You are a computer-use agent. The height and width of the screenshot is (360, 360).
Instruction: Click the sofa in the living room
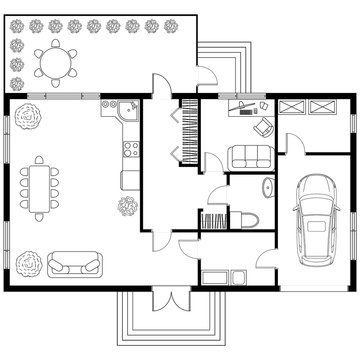(x=75, y=264)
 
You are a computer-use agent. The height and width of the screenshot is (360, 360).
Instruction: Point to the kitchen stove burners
(x=129, y=150)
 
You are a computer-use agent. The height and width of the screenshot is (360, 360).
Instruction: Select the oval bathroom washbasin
(x=268, y=189)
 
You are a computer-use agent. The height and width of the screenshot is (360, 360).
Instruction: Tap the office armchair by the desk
(x=264, y=127)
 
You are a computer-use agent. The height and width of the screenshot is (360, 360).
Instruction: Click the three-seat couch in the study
(x=248, y=156)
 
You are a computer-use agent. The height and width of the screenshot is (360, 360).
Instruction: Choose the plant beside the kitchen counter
(x=127, y=207)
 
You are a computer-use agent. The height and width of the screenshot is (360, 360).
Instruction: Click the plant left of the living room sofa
(x=29, y=264)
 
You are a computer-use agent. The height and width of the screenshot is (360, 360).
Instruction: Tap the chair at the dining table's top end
(x=39, y=159)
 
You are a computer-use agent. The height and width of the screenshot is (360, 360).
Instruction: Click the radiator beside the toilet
(x=214, y=219)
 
